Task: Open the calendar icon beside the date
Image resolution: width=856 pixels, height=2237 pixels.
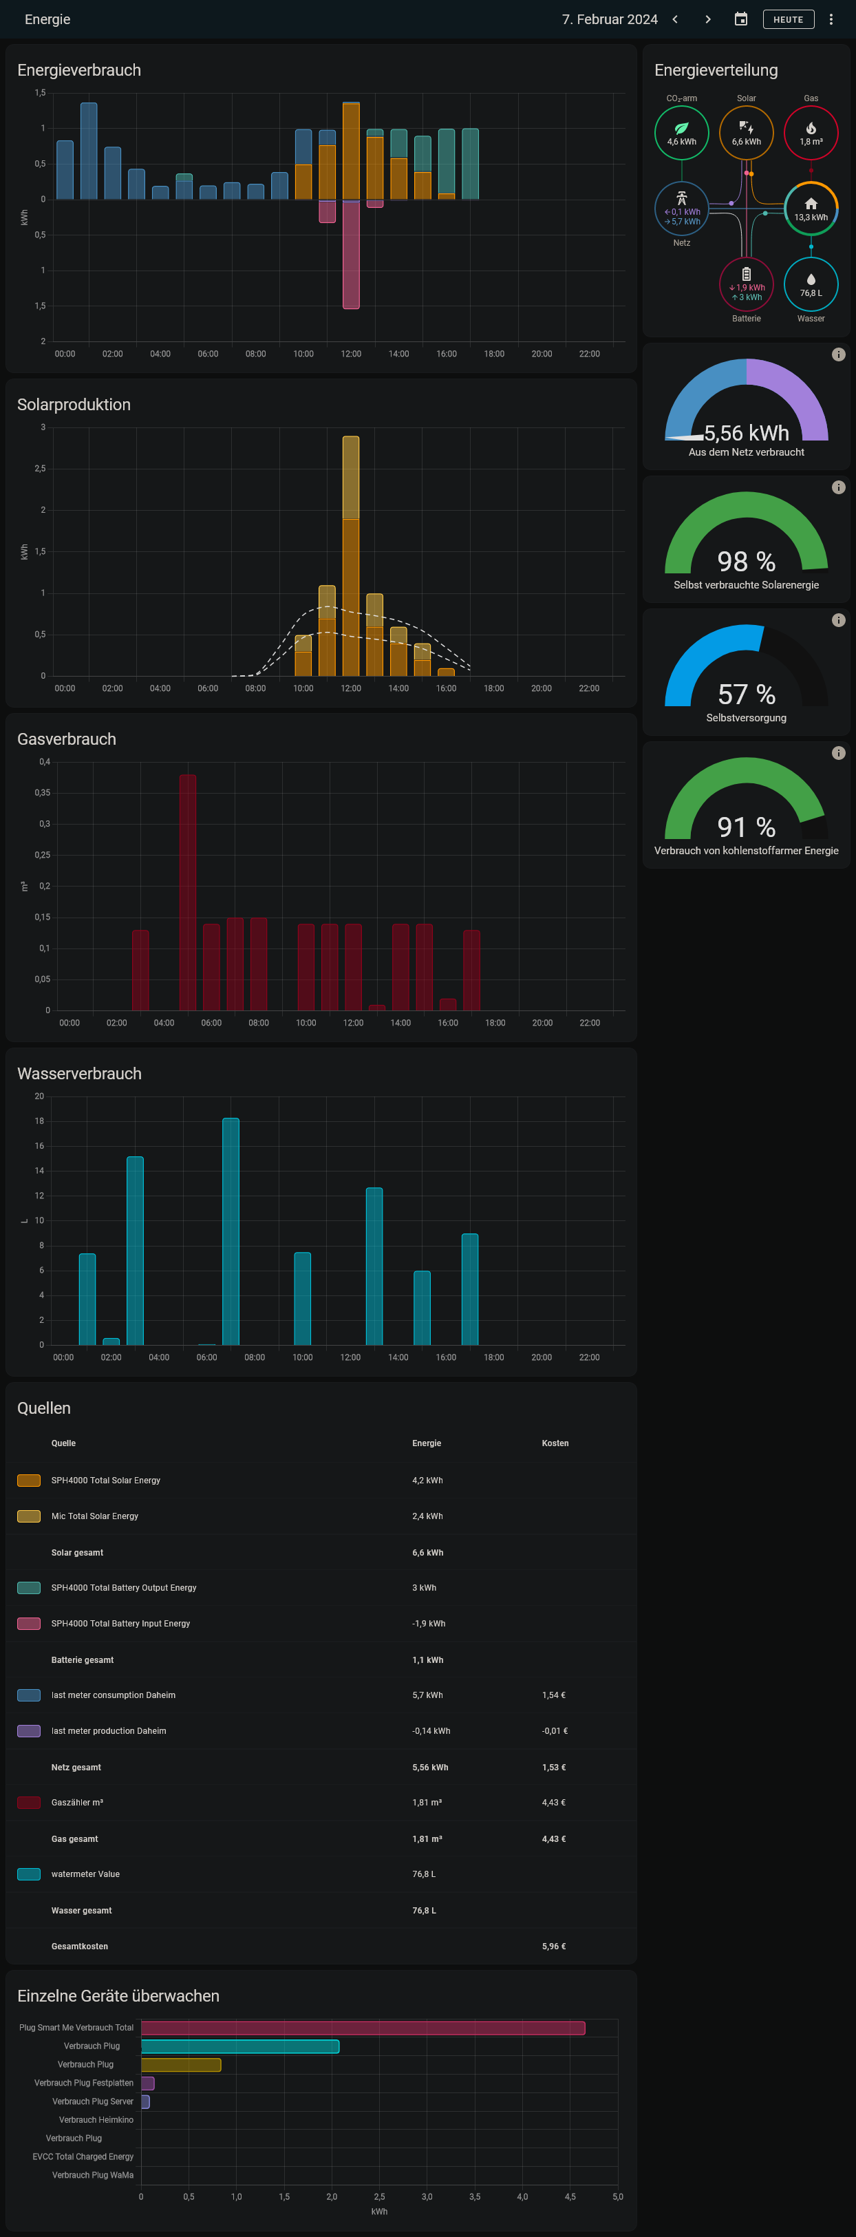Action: click(740, 19)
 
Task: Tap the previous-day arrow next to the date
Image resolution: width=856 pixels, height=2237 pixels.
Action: click(674, 19)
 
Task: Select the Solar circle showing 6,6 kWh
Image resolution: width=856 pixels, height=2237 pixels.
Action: click(746, 133)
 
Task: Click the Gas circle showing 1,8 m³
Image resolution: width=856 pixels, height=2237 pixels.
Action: click(810, 133)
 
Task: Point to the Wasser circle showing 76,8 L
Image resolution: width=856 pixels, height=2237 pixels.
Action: click(810, 284)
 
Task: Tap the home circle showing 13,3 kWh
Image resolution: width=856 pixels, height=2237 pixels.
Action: click(810, 209)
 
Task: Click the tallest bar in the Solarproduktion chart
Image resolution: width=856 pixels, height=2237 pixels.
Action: click(351, 555)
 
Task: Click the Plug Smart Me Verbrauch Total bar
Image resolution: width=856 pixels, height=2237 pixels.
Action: click(363, 2028)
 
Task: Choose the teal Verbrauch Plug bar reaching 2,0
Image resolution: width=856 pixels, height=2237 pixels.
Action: click(239, 2046)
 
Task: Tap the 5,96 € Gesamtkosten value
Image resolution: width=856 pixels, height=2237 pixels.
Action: click(553, 1946)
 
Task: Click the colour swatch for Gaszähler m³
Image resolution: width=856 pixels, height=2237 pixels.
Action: click(29, 1802)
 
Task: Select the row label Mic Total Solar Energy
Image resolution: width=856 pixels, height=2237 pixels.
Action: click(95, 1516)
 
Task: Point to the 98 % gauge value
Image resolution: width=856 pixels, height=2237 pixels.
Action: click(746, 561)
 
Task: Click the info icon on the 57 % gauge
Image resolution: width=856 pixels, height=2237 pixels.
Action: click(838, 620)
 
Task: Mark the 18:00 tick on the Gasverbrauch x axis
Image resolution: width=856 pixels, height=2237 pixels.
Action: click(495, 1023)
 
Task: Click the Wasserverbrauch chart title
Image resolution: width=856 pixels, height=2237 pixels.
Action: click(79, 1073)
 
